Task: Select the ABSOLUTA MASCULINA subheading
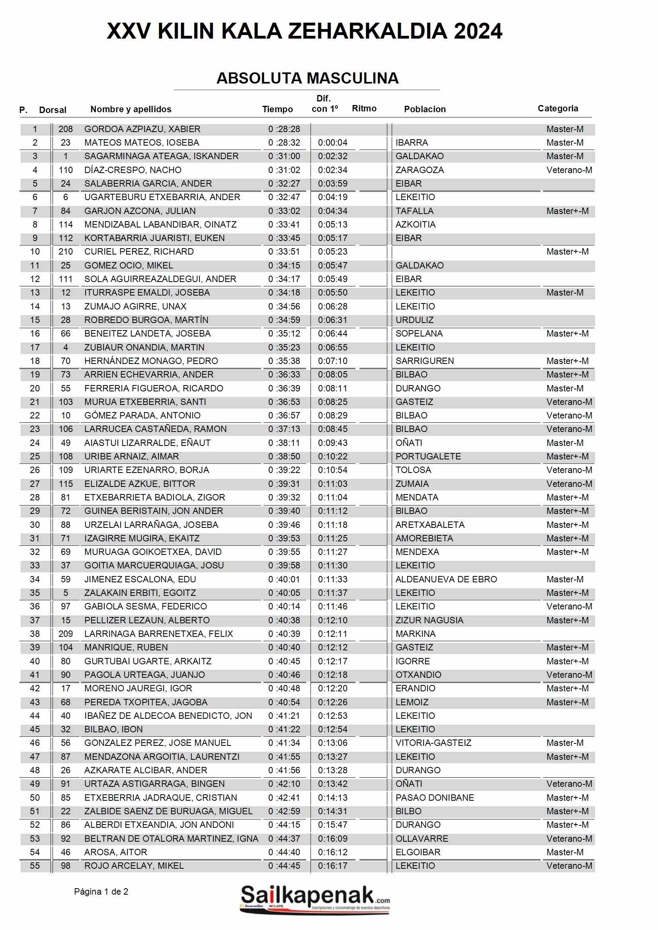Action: pyautogui.click(x=307, y=78)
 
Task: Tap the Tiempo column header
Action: pyautogui.click(x=277, y=109)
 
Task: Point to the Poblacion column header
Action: pyautogui.click(x=424, y=109)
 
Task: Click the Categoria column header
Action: pyautogui.click(x=557, y=108)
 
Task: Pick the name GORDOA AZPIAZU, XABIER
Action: pyautogui.click(x=142, y=129)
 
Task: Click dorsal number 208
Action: pyautogui.click(x=65, y=129)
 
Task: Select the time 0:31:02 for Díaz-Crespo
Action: pyautogui.click(x=284, y=170)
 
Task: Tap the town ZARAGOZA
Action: pyautogui.click(x=419, y=170)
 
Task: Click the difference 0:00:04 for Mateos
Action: pyautogui.click(x=332, y=142)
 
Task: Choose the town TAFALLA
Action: pyautogui.click(x=414, y=211)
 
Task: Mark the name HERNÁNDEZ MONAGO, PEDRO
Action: pyautogui.click(x=151, y=361)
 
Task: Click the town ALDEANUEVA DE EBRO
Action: pyautogui.click(x=446, y=579)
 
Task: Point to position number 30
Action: pyautogui.click(x=35, y=525)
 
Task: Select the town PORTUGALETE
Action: pyautogui.click(x=428, y=457)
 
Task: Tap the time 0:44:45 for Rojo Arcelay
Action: pyautogui.click(x=284, y=866)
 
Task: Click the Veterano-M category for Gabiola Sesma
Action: pyautogui.click(x=569, y=606)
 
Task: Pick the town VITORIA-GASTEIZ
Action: pyautogui.click(x=433, y=743)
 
